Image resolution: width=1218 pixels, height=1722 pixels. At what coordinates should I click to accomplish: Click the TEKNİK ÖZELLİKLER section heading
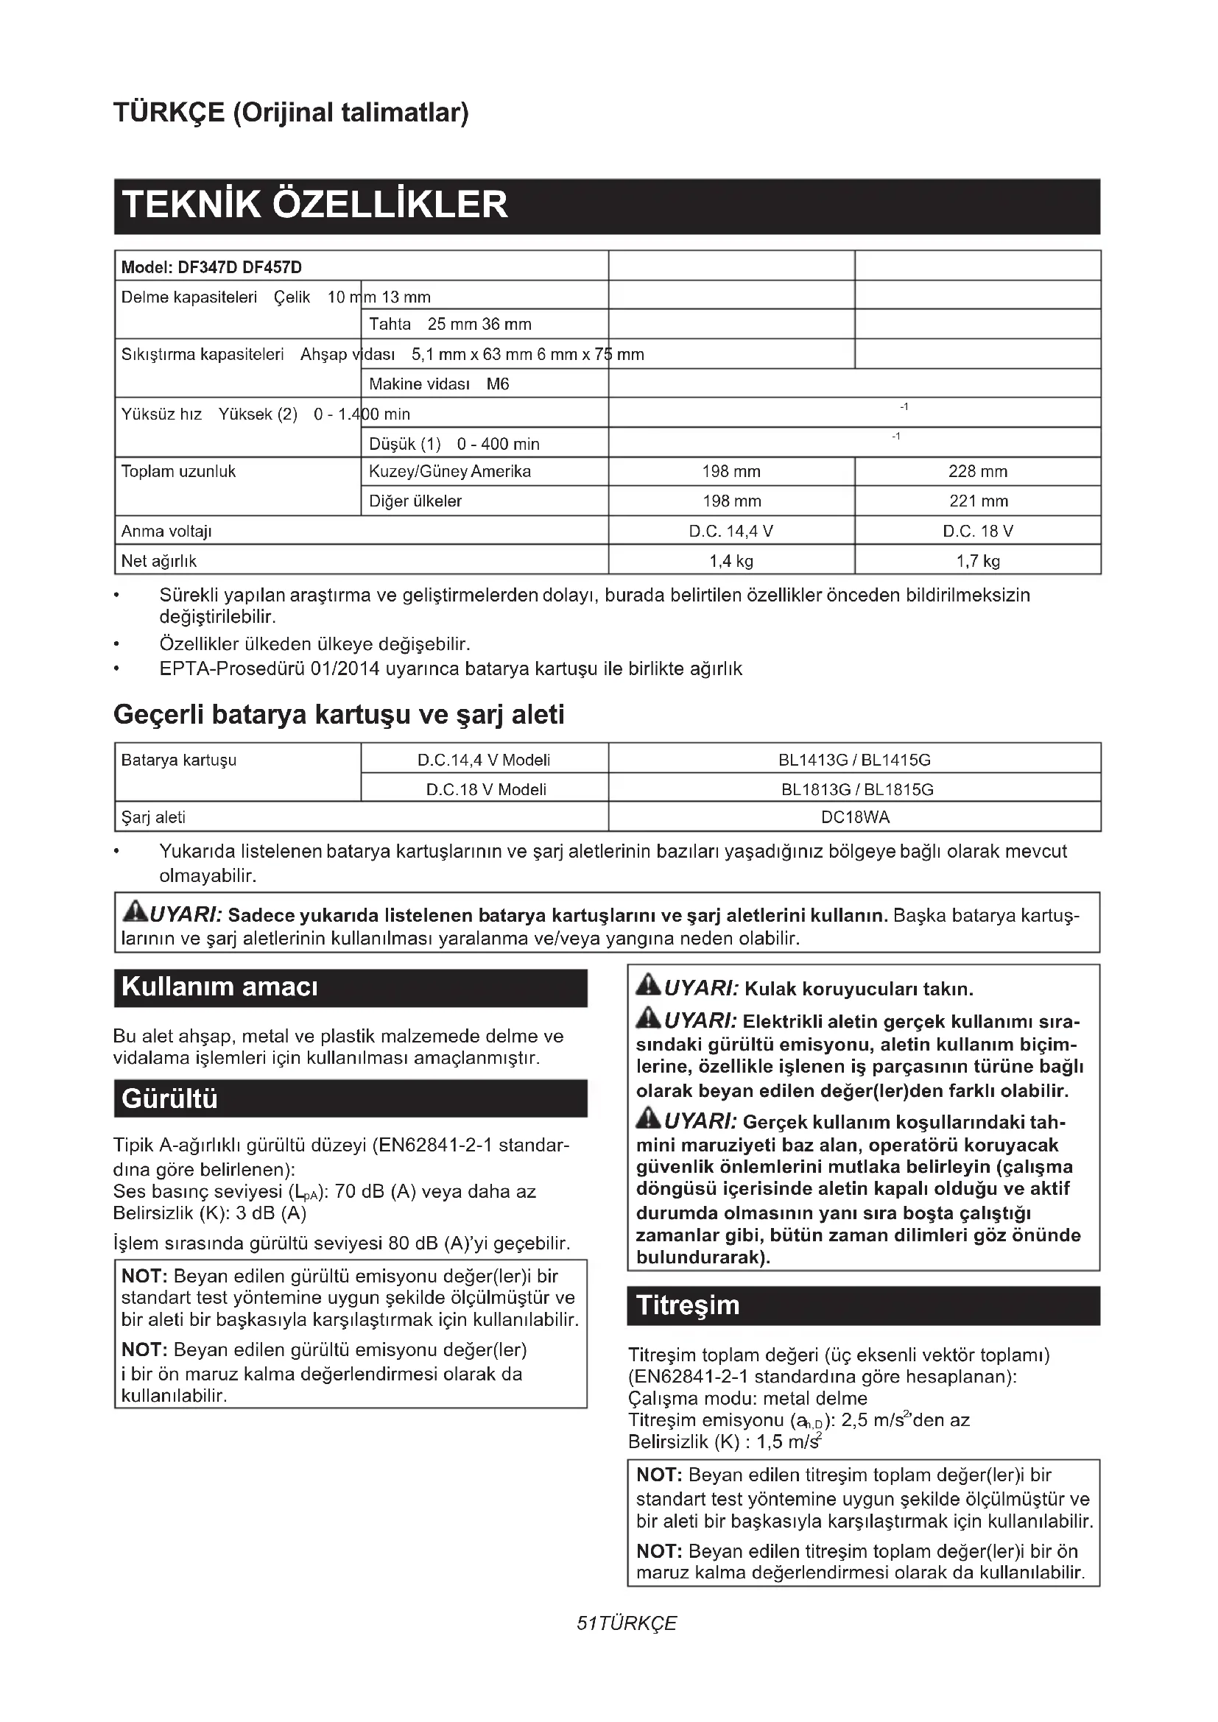(x=315, y=205)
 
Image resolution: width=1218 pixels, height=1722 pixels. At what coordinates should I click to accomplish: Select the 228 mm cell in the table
(x=977, y=472)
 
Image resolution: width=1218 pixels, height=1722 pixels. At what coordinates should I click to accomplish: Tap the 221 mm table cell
(x=977, y=501)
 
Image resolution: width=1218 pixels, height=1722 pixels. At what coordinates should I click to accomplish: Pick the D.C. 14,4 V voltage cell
(x=731, y=531)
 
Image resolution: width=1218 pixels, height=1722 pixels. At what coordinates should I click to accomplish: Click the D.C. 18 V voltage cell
(x=977, y=531)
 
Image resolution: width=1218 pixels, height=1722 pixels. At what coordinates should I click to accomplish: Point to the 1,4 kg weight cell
(x=731, y=560)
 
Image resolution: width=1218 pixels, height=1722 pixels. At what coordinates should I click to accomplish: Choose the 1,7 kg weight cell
(x=977, y=560)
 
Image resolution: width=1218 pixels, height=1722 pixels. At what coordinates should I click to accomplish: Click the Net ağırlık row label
(x=159, y=560)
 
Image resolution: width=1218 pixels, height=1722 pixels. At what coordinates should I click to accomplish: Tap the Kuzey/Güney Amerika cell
(x=450, y=472)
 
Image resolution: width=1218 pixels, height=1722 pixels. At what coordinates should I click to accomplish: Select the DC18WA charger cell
(x=855, y=816)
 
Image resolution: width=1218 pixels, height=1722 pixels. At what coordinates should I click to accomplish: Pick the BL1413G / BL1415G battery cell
(x=854, y=760)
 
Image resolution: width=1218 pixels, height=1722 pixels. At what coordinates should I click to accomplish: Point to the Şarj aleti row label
(x=154, y=816)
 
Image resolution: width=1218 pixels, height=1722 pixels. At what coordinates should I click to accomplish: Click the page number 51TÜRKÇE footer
(x=626, y=1623)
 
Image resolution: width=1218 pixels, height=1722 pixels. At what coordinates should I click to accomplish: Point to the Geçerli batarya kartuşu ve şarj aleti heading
(x=339, y=715)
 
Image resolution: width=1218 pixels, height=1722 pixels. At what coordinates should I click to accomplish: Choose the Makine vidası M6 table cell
(x=439, y=384)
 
